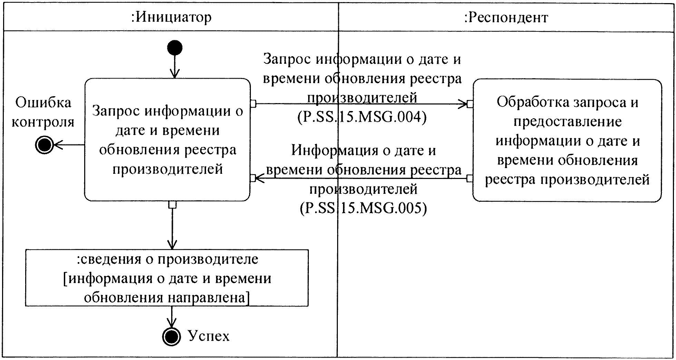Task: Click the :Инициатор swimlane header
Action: [x=171, y=17]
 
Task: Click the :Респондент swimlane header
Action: [x=506, y=17]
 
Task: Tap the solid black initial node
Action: [x=175, y=48]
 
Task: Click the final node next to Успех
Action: [x=172, y=336]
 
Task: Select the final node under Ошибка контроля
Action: [x=44, y=145]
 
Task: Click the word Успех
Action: [x=208, y=336]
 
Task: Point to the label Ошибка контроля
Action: [x=43, y=112]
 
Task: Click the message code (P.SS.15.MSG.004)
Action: [x=362, y=117]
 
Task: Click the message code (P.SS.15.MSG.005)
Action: [x=363, y=208]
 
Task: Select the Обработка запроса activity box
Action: [x=567, y=140]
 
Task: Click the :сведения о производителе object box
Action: [x=167, y=278]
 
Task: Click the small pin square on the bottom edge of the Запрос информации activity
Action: [x=172, y=205]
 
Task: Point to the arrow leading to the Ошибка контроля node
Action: [x=69, y=145]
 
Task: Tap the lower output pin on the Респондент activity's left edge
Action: [x=469, y=178]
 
